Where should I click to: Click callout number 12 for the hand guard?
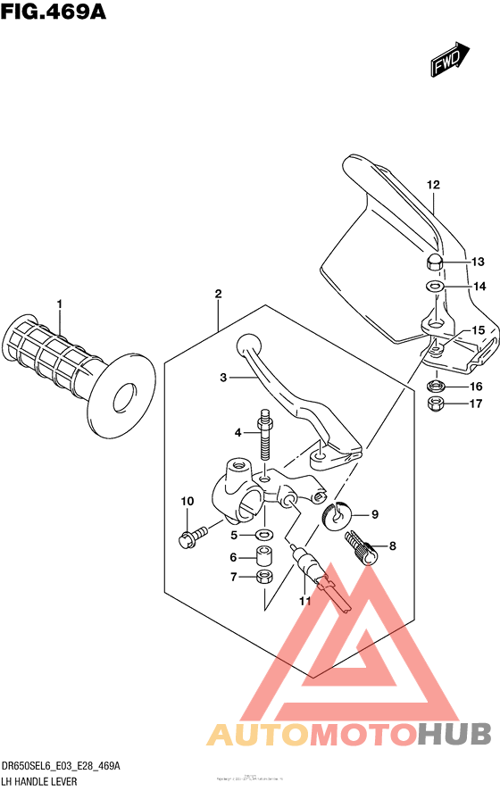433,186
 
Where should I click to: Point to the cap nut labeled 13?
434,262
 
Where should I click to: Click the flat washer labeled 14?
434,287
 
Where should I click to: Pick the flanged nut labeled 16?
436,387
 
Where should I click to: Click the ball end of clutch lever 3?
247,344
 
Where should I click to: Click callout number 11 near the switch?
304,602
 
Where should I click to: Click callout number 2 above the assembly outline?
217,295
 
